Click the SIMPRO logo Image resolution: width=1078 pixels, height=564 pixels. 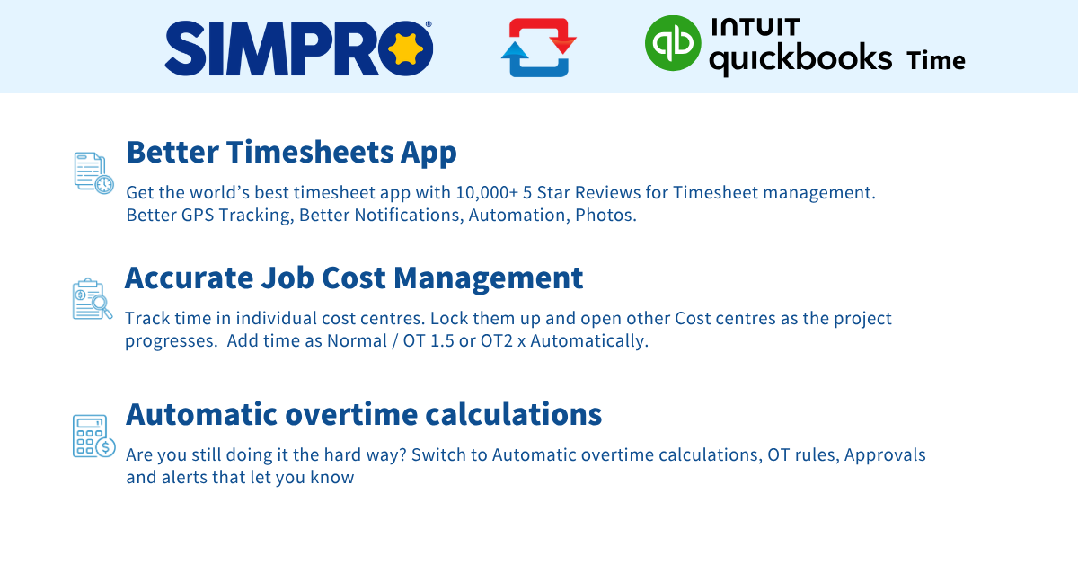[x=298, y=48]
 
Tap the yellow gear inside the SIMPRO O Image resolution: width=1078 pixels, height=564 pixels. [x=405, y=49]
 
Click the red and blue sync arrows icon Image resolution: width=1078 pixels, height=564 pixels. [x=539, y=48]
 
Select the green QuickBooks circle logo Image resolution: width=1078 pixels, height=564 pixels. [x=673, y=43]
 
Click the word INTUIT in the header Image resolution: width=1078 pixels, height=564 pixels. [x=755, y=28]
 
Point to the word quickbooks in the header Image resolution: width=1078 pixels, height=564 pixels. [x=800, y=58]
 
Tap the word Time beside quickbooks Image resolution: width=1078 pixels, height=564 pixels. [x=936, y=61]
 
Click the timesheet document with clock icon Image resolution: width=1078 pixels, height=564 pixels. [x=93, y=172]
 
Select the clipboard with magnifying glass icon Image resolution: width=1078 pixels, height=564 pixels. [x=93, y=299]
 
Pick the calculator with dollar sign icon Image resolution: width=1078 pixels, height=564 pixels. [x=93, y=436]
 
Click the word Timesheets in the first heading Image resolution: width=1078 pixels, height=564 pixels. [x=311, y=152]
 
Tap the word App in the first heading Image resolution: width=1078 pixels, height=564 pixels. [x=429, y=154]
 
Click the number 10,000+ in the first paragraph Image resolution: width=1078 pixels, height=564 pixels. [x=487, y=192]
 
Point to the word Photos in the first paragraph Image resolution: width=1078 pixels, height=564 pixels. [x=605, y=216]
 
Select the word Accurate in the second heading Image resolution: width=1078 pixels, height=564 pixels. [x=190, y=278]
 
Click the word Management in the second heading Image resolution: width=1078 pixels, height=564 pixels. [x=489, y=279]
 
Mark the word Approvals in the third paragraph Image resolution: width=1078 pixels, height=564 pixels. [x=885, y=455]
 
